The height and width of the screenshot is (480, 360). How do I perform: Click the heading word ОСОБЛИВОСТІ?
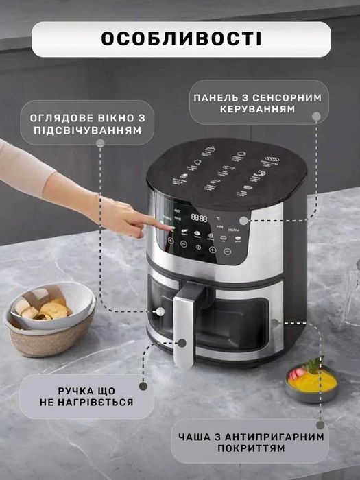coord(181,38)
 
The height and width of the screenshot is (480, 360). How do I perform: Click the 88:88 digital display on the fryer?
coord(200,217)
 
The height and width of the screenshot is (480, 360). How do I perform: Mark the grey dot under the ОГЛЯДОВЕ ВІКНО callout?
coord(100,143)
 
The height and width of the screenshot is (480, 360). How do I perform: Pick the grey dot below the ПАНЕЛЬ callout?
coord(316,117)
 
